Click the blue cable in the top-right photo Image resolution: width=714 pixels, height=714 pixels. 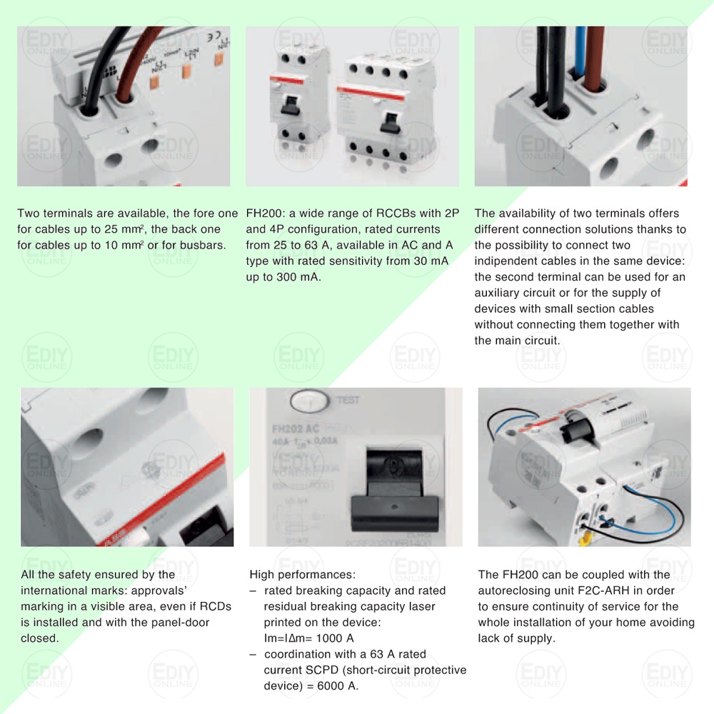(580, 57)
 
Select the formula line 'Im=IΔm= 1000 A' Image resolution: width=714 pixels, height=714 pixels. (308, 638)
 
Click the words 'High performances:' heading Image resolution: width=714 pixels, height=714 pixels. (302, 575)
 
